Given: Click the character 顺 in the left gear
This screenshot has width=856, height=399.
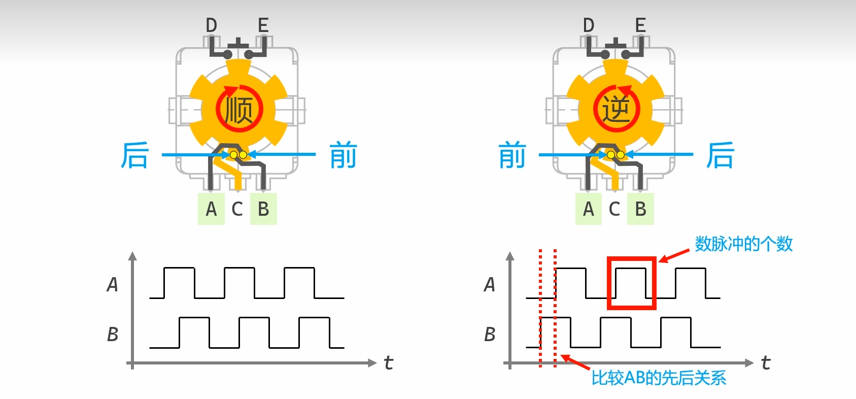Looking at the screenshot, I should (x=239, y=110).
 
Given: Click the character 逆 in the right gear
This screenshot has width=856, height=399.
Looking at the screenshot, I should (x=616, y=110).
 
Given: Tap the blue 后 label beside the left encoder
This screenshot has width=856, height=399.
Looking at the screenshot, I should (x=135, y=155).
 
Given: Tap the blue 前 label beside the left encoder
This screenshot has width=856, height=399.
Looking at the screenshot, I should (x=344, y=155).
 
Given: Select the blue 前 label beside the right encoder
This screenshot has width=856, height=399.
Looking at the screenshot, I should (x=512, y=155).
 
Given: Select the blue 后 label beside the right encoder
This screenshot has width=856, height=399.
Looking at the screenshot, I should (x=721, y=155).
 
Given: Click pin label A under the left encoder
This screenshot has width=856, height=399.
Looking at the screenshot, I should (x=211, y=209).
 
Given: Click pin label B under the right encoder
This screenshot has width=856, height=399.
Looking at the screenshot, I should (x=640, y=209).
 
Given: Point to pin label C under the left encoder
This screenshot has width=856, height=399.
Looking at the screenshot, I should (x=237, y=209).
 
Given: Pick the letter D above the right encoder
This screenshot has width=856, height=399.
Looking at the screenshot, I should (x=589, y=25).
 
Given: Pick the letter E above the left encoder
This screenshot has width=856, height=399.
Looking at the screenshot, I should (x=263, y=25).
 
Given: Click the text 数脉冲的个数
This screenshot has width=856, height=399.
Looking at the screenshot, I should (x=743, y=244).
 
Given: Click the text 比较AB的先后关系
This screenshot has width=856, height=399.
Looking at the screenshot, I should (x=659, y=378).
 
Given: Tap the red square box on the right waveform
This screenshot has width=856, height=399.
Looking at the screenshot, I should (x=632, y=283).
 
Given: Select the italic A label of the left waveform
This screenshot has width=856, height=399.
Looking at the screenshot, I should (x=112, y=285).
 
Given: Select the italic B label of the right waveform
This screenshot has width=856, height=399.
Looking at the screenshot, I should (x=489, y=335).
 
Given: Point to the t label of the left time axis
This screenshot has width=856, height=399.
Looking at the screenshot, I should (x=389, y=362).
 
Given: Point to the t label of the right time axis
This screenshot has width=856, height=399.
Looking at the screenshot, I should (x=766, y=362).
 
